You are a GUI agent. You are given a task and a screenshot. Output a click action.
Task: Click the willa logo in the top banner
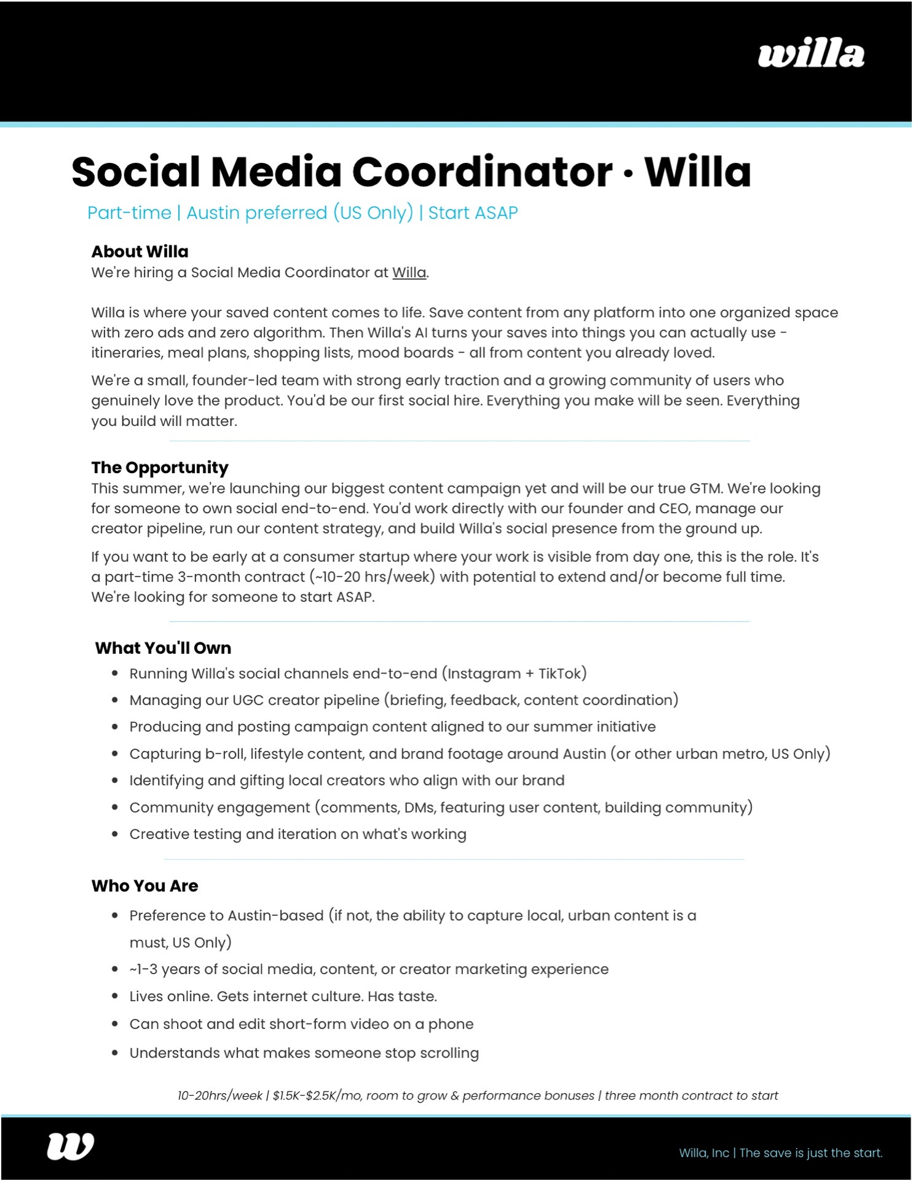[811, 55]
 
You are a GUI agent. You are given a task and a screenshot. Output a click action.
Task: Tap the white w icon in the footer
[71, 1146]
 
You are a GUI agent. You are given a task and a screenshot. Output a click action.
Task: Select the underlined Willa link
[409, 272]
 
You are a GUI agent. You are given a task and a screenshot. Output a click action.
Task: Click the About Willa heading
[140, 251]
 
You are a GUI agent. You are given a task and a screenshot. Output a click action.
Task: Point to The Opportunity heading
[160, 467]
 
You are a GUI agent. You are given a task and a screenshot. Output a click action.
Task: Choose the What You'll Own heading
[163, 648]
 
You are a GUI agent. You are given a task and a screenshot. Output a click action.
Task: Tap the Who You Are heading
[144, 886]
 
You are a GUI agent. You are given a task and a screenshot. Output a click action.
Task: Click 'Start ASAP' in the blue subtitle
[473, 213]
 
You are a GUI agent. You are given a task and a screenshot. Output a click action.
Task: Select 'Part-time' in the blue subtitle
[129, 213]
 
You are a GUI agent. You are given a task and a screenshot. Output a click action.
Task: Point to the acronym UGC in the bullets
[248, 700]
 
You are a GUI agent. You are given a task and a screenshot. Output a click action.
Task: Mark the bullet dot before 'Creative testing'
[115, 835]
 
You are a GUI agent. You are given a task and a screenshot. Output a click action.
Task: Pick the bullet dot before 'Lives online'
[115, 996]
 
